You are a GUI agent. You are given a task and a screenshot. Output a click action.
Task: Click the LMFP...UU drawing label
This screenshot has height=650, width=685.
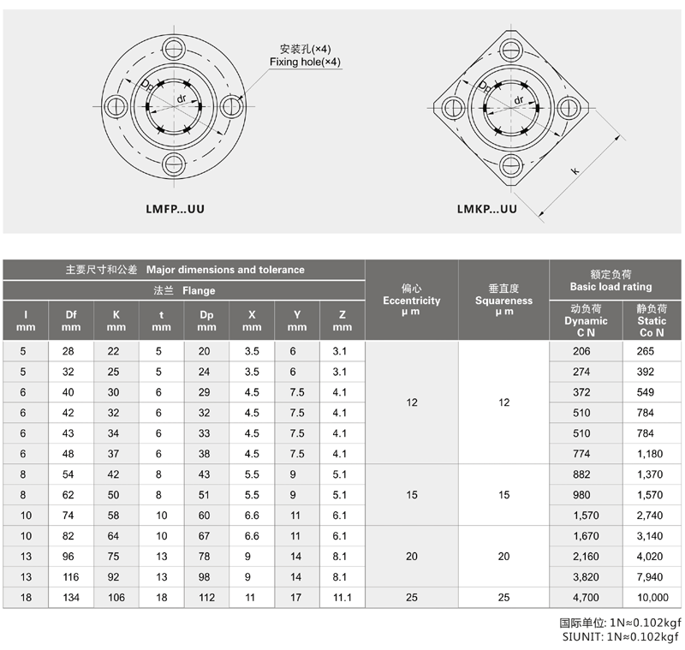[175, 209]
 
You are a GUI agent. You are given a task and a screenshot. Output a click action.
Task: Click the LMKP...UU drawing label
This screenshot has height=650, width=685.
[486, 209]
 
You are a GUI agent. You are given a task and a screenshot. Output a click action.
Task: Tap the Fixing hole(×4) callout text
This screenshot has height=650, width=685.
[305, 62]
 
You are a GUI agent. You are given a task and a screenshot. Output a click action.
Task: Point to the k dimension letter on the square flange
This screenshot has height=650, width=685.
[575, 170]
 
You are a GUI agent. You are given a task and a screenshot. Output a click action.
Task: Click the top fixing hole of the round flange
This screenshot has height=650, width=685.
[174, 49]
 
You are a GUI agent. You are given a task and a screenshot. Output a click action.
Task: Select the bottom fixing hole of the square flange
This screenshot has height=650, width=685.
[510, 165]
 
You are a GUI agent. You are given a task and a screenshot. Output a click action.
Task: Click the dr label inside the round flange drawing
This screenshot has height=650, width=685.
[182, 98]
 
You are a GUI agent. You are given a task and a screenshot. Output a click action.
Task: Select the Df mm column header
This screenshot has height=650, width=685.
[71, 320]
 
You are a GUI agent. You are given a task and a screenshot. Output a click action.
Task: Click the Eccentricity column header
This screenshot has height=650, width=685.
[412, 300]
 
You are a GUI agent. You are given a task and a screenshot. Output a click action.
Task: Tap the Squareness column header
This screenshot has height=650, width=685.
[503, 300]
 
